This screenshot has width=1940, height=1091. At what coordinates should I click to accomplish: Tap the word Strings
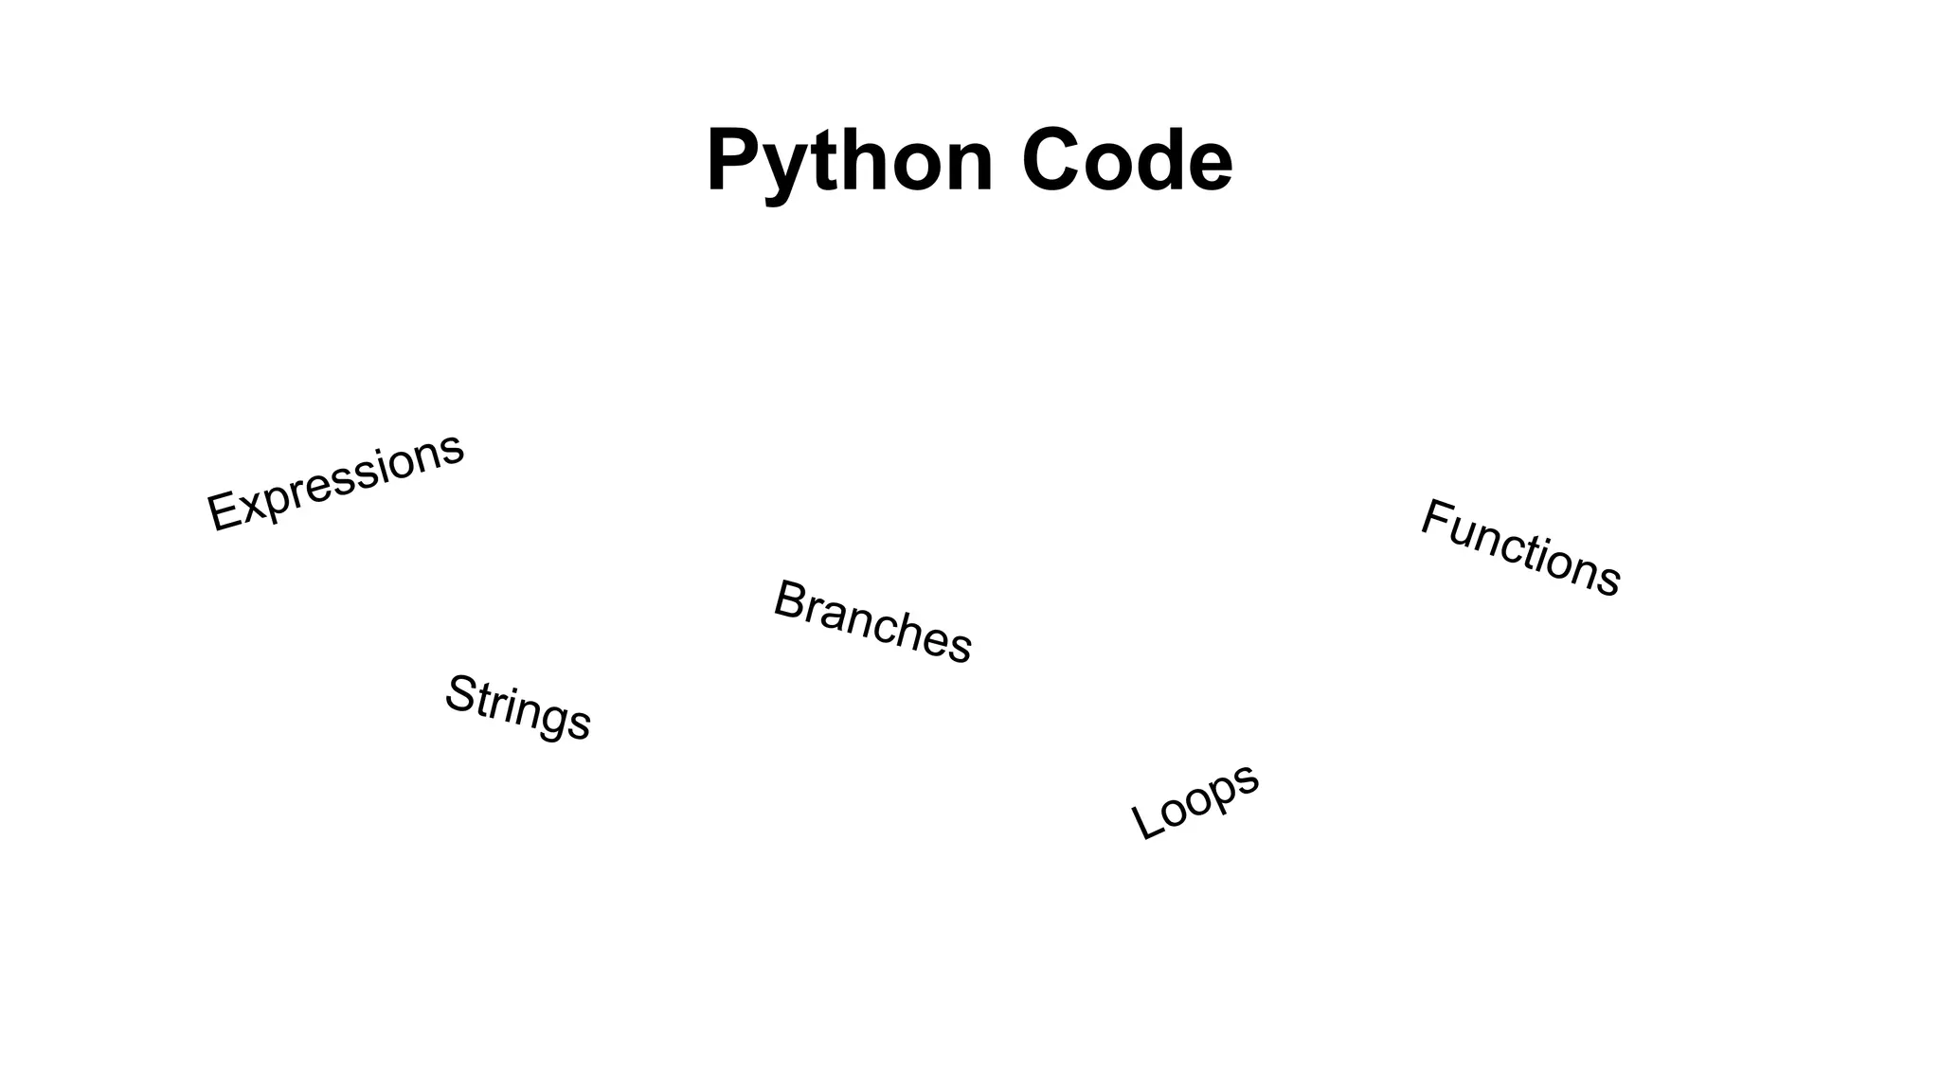(518, 707)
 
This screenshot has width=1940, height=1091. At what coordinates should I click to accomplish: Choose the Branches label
(872, 622)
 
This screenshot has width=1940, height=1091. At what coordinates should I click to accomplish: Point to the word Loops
(1195, 800)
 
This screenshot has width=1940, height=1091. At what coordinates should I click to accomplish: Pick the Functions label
(1520, 547)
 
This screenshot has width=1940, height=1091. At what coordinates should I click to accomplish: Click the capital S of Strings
(460, 691)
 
